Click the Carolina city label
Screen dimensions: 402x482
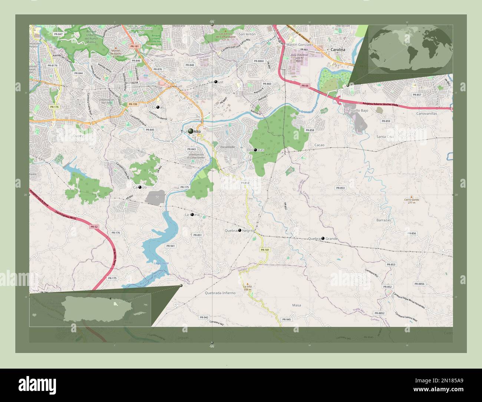(337, 50)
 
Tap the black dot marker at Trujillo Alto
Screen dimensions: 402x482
(191, 131)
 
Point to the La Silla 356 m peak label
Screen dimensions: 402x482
(247, 288)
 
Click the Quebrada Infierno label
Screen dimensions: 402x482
(220, 293)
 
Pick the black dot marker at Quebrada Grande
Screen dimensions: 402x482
(323, 238)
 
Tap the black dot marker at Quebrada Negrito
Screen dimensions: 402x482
(240, 230)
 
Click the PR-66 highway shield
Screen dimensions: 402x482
(305, 86)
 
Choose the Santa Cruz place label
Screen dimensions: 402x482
(385, 136)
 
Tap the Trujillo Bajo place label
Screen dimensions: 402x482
(359, 111)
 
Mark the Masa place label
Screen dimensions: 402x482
(296, 305)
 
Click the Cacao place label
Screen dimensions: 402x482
(319, 145)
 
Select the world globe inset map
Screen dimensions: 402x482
(410, 48)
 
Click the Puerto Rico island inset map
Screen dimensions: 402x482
(90, 309)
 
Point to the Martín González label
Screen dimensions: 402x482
(300, 45)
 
